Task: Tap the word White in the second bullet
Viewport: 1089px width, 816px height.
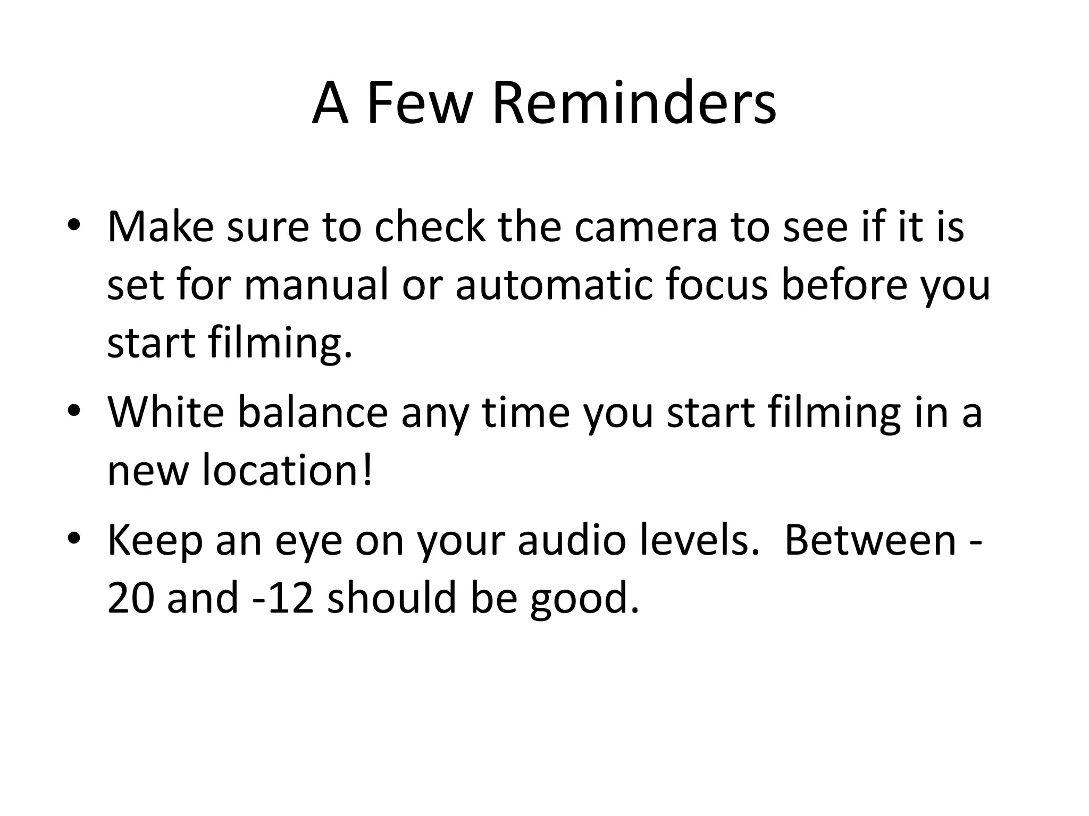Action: pos(166,412)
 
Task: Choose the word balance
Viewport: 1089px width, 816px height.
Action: pos(313,412)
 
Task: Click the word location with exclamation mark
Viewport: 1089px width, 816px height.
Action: pos(287,470)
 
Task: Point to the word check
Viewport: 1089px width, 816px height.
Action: pos(430,227)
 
